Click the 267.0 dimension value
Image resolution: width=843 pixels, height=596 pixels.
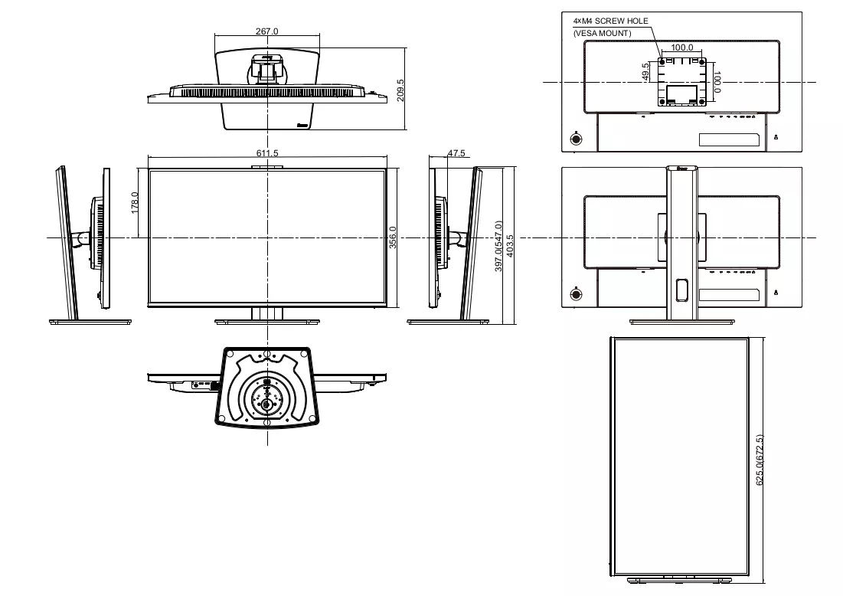pos(266,31)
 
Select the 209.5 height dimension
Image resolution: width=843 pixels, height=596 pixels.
pos(400,90)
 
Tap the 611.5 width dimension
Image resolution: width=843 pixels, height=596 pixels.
pos(267,153)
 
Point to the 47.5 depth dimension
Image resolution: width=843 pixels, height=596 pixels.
pos(456,153)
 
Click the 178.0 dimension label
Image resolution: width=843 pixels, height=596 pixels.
pos(135,203)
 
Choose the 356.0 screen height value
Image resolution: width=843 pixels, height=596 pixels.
pos(393,237)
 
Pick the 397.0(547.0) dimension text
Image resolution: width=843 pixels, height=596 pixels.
pos(498,246)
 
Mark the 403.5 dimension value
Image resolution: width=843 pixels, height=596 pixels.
pos(510,245)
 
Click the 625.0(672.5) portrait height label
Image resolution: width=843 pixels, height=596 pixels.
pos(760,460)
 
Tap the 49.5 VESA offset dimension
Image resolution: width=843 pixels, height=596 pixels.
pos(646,72)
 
